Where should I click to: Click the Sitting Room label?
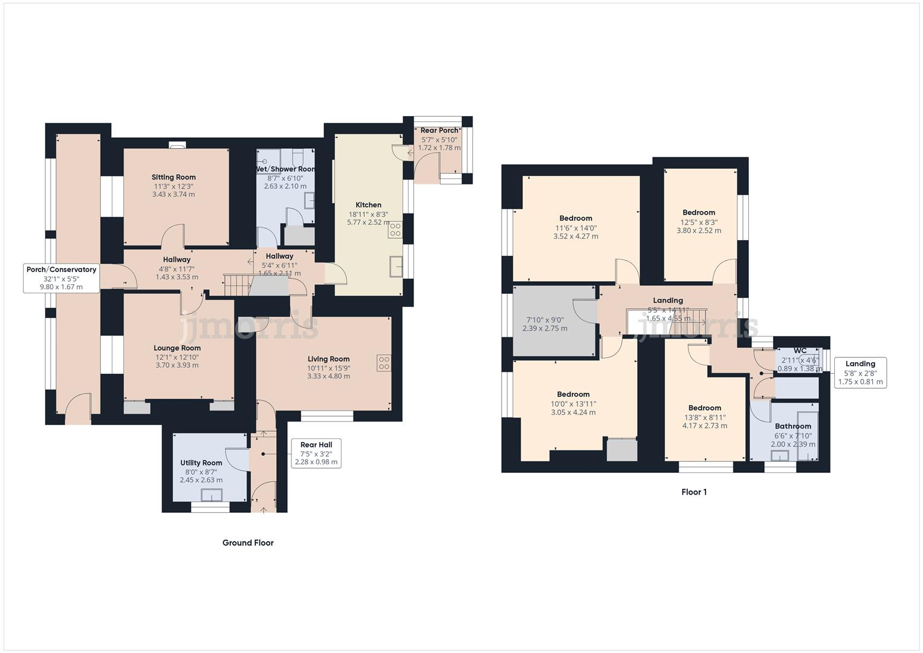point(173,177)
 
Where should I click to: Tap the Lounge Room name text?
point(177,348)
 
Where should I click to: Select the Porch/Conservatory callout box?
point(61,278)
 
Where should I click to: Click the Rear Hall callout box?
point(316,453)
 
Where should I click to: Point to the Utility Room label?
point(201,463)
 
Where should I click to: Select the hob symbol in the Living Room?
point(384,363)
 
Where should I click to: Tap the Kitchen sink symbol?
point(396,266)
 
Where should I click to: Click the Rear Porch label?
point(439,131)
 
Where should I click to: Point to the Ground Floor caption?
point(248,543)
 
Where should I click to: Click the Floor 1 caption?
point(694,492)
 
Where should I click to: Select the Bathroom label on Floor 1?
point(792,426)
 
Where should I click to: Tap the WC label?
point(800,351)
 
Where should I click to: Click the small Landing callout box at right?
point(860,372)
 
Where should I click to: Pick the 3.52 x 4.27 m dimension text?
point(575,236)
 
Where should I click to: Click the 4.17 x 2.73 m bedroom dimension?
point(704,426)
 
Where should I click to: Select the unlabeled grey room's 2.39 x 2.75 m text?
point(545,328)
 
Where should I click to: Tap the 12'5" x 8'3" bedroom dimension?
point(699,222)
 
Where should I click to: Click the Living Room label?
point(328,359)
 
